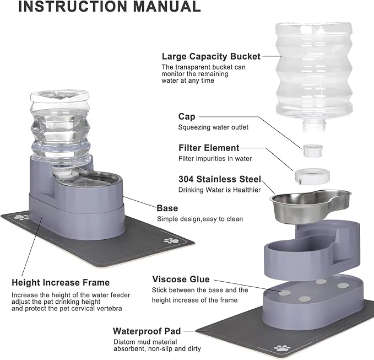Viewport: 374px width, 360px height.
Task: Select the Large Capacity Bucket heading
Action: (x=211, y=56)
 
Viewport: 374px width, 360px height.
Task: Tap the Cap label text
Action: (x=186, y=116)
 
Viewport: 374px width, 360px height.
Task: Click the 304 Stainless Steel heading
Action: (x=219, y=179)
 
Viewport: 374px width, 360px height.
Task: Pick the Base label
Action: (x=167, y=208)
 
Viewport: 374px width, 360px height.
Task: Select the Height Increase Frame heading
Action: (x=61, y=282)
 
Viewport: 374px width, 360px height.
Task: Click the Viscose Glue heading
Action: (x=181, y=280)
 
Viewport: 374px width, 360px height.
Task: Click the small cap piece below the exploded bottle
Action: (x=311, y=148)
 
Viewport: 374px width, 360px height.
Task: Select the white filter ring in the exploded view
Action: (x=311, y=176)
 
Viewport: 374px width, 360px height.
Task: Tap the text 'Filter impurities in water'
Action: (x=215, y=159)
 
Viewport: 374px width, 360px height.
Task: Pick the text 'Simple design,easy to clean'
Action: (x=199, y=219)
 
